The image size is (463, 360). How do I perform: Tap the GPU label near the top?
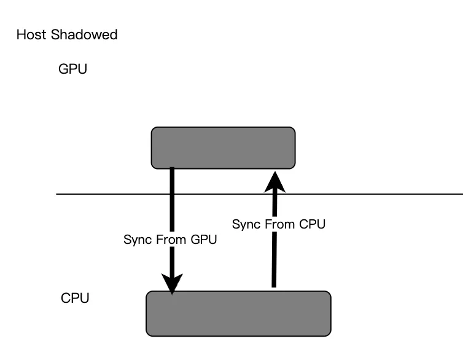click(72, 69)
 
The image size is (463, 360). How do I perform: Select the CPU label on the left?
click(76, 299)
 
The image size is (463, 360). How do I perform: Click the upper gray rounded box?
click(223, 147)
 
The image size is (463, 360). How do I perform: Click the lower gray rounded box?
click(238, 313)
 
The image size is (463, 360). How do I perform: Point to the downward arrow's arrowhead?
click(172, 284)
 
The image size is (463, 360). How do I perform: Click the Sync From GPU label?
click(170, 240)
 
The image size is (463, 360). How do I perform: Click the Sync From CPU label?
click(278, 224)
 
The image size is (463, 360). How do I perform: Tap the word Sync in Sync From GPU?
click(136, 240)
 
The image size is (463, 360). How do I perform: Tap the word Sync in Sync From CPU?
click(244, 224)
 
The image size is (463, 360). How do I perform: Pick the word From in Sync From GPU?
click(171, 240)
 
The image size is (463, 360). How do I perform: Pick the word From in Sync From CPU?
click(279, 224)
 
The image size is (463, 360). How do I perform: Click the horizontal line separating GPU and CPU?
click(368, 194)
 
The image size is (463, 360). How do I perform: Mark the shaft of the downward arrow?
click(172, 209)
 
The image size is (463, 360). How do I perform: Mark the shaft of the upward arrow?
click(274, 258)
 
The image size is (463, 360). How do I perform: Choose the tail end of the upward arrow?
click(274, 285)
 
